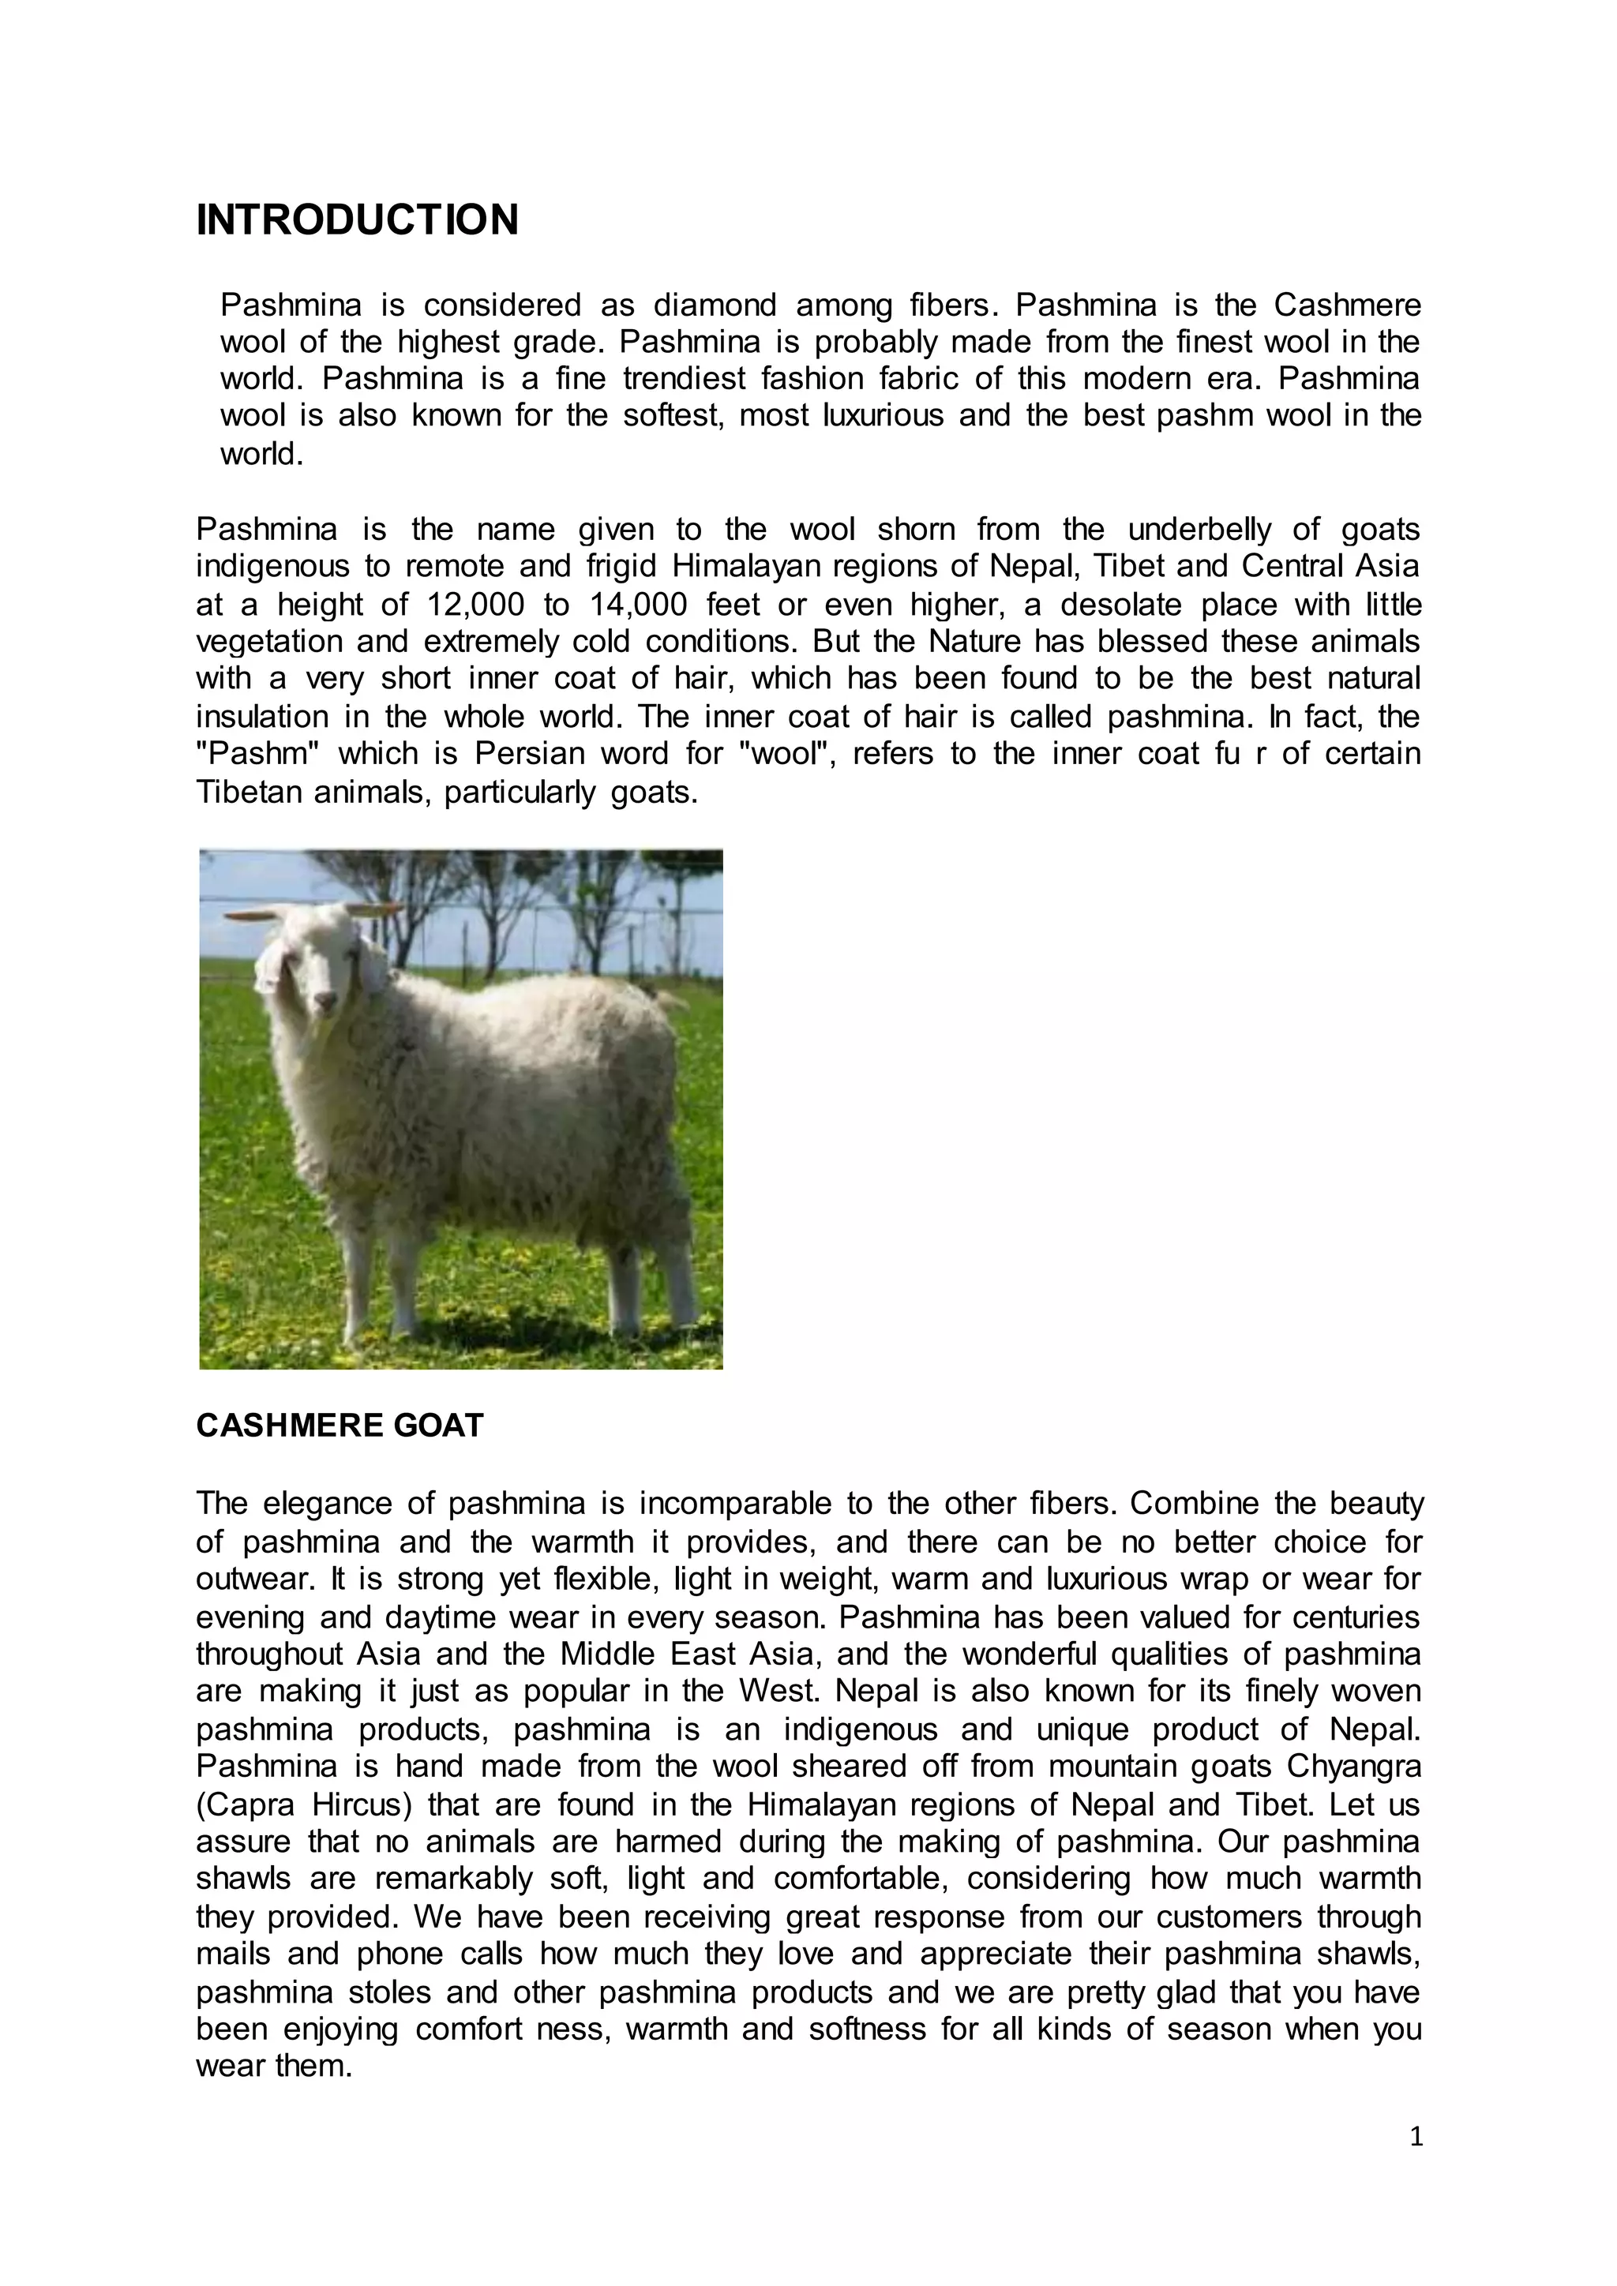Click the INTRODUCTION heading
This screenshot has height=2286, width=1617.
[358, 220]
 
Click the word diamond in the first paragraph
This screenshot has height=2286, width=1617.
[714, 305]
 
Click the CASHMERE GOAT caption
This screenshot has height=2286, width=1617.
[340, 1426]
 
